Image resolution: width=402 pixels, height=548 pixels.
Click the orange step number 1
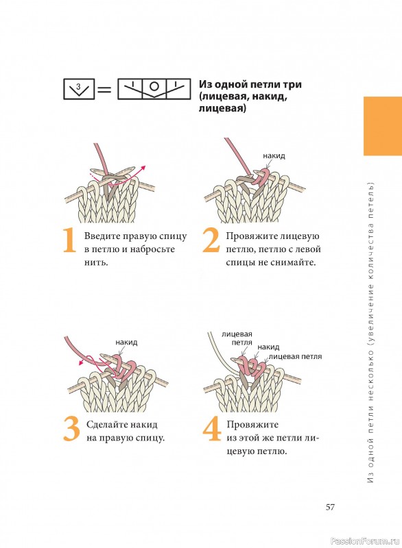(x=69, y=240)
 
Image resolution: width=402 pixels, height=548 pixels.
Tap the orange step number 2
(x=211, y=240)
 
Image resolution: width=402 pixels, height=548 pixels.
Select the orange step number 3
(x=72, y=429)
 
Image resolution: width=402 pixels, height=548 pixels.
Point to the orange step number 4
(x=212, y=429)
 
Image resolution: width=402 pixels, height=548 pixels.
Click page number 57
(x=330, y=507)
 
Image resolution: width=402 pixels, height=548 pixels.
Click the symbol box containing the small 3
(x=79, y=89)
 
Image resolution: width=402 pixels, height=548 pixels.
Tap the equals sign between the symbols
(x=104, y=90)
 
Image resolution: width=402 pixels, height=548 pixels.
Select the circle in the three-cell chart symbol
(x=154, y=86)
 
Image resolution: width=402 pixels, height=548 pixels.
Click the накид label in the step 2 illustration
(x=274, y=156)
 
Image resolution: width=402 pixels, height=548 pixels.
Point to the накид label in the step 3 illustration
(x=126, y=342)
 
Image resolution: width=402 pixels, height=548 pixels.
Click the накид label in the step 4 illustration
(x=268, y=347)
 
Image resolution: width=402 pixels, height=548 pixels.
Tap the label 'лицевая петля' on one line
(x=295, y=356)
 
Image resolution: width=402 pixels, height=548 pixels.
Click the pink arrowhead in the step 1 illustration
(x=143, y=169)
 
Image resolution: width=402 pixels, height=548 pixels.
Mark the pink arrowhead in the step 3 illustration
(x=81, y=363)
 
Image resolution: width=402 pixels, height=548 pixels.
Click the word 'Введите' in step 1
(x=100, y=236)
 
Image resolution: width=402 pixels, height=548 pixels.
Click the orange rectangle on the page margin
(x=382, y=126)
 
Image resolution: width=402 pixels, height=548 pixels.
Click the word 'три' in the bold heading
(x=293, y=84)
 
